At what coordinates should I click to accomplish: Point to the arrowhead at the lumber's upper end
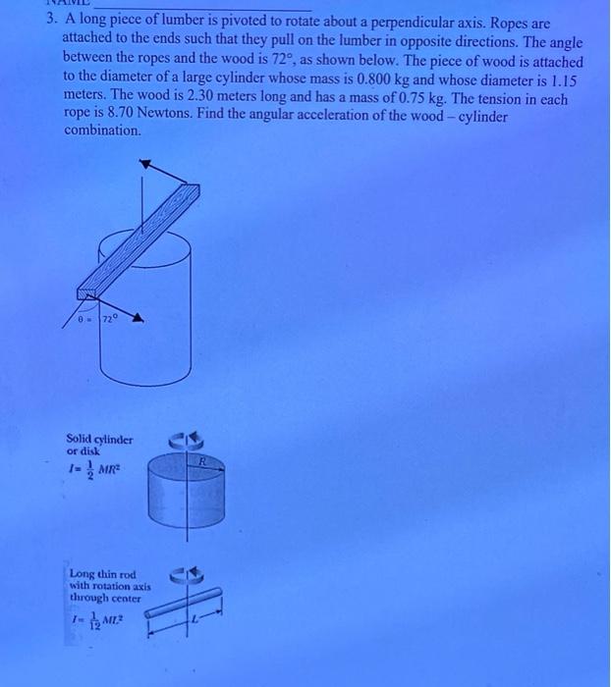pos(145,166)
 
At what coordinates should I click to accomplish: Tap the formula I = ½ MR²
pos(92,471)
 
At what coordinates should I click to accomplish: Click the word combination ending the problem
pos(102,131)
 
